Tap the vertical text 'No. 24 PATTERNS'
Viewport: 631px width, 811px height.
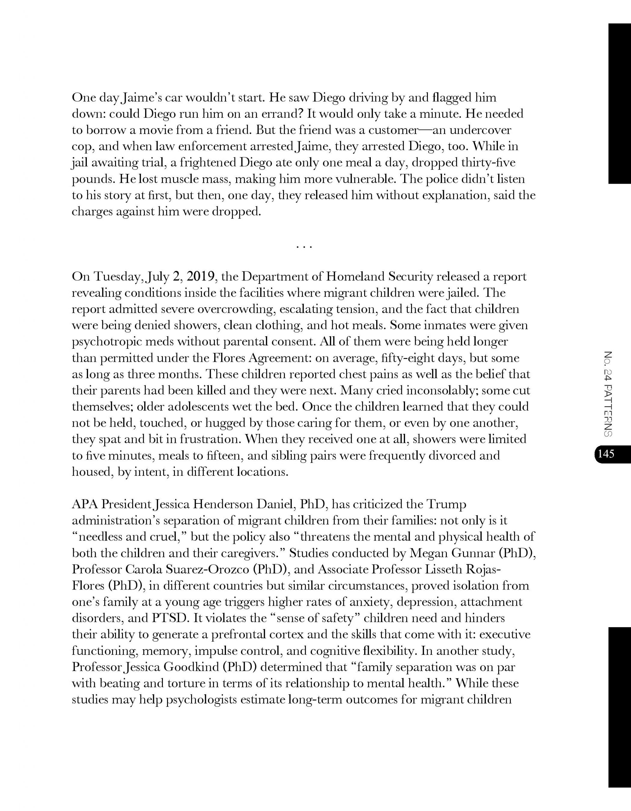(608, 393)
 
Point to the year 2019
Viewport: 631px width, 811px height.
(200, 277)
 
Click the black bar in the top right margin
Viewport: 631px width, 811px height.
(620, 104)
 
